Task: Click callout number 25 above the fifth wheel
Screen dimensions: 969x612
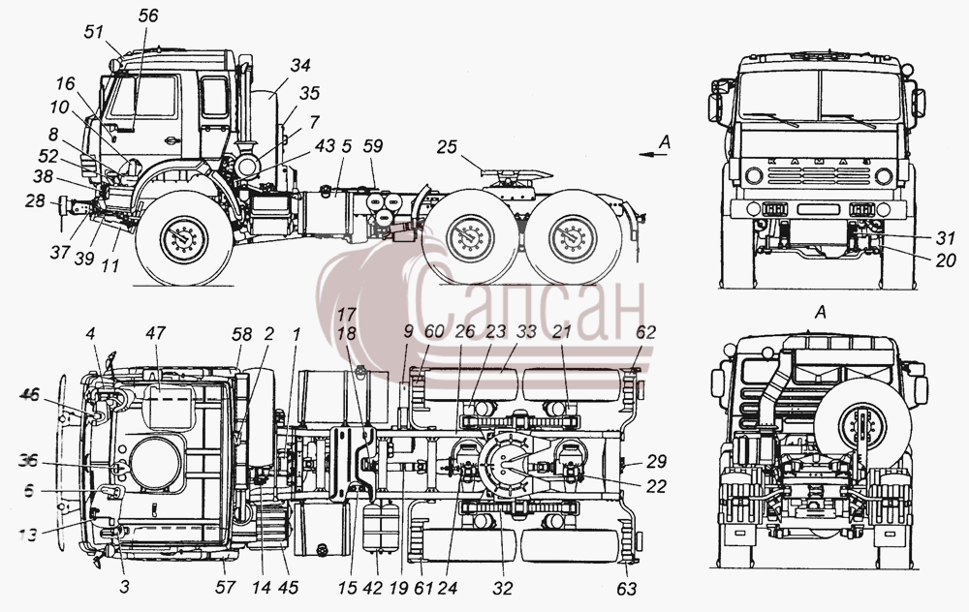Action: (447, 147)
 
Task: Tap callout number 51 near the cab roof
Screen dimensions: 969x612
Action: (94, 31)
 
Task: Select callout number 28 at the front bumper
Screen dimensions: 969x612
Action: (35, 200)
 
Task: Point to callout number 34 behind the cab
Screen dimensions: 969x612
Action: (300, 65)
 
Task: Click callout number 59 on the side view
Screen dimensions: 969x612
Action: (373, 146)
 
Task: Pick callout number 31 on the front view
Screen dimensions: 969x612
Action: (945, 237)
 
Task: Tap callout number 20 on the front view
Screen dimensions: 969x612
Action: (946, 261)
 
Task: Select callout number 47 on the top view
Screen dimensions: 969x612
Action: (156, 333)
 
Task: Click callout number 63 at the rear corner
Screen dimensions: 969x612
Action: (627, 589)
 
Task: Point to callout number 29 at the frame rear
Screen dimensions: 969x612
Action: (656, 461)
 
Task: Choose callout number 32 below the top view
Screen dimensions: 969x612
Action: (503, 589)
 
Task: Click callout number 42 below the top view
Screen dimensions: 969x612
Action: (372, 589)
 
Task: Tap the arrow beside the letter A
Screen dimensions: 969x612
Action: (654, 155)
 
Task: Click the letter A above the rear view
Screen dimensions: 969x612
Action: (821, 313)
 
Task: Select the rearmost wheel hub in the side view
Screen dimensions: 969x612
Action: (573, 238)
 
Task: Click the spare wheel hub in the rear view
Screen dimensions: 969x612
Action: (863, 426)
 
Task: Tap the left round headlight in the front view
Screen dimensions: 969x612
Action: (754, 176)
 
